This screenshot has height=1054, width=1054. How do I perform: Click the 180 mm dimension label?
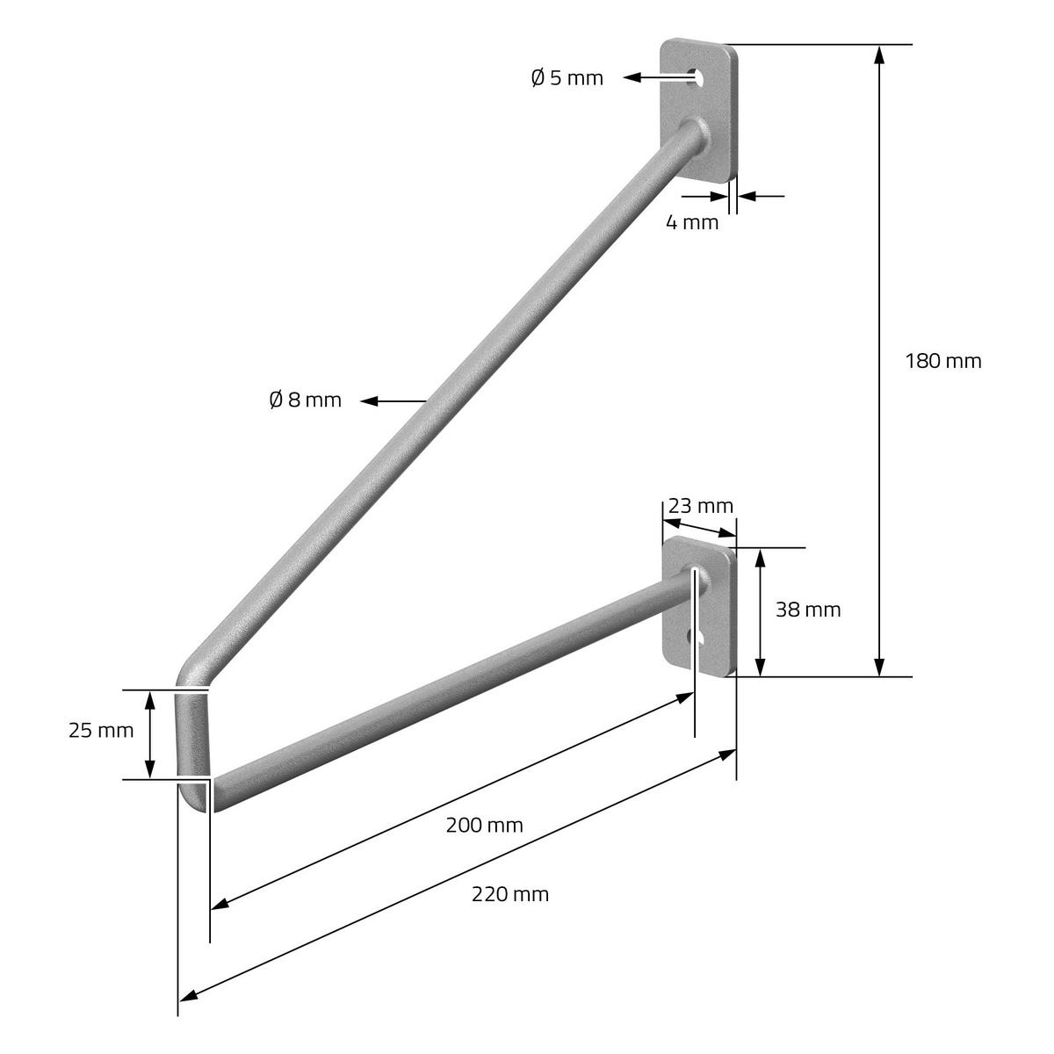tap(943, 362)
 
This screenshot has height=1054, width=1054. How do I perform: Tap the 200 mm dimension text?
tap(484, 826)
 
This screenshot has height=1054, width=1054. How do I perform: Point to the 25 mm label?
tap(101, 731)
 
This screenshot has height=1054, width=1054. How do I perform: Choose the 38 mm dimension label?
tap(808, 610)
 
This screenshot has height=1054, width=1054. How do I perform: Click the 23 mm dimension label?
tap(701, 507)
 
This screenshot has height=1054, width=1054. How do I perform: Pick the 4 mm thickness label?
tap(692, 222)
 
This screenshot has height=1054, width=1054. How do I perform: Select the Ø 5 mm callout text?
tap(567, 78)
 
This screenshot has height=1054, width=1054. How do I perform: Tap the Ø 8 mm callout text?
tap(305, 401)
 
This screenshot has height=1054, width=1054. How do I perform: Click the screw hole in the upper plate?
tap(697, 77)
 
